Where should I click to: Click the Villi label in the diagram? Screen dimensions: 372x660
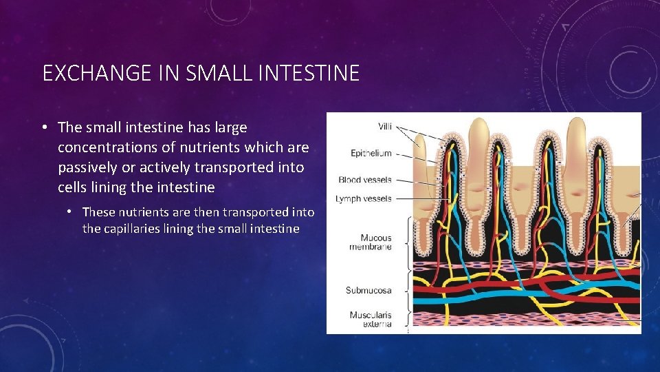[386, 126]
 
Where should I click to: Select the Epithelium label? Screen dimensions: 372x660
[371, 153]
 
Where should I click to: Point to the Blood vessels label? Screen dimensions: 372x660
[364, 180]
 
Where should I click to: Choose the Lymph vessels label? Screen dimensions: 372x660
[364, 198]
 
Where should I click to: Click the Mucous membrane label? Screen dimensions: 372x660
[371, 242]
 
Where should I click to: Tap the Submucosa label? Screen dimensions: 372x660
[368, 290]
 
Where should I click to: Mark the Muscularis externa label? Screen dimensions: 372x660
[370, 319]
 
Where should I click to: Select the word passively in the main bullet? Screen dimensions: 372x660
[87, 167]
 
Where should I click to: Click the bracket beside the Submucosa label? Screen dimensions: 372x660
[410, 290]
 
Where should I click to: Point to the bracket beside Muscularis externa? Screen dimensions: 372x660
[410, 319]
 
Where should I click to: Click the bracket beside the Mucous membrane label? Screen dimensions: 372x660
[410, 242]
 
